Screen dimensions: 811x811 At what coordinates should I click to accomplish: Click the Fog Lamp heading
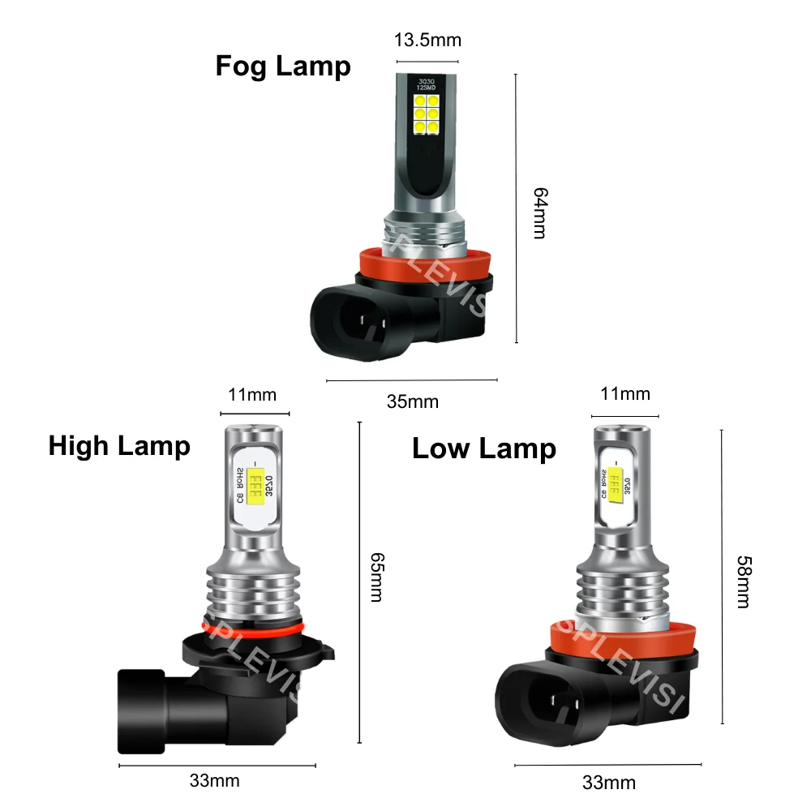(x=283, y=66)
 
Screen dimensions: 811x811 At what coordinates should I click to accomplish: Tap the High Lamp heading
(x=119, y=445)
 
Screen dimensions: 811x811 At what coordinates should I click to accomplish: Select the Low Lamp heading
(x=484, y=448)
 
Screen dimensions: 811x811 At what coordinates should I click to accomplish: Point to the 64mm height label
(x=539, y=213)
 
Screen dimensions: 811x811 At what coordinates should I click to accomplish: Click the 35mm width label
(x=412, y=401)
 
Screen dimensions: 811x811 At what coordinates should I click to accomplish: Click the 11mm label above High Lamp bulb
(x=252, y=395)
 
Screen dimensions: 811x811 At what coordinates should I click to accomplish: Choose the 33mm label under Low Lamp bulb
(x=609, y=783)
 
